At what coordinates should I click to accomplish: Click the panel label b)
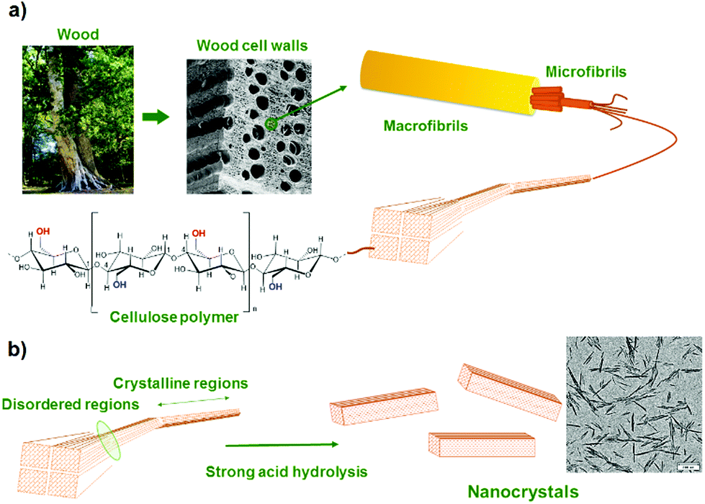tap(17, 351)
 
